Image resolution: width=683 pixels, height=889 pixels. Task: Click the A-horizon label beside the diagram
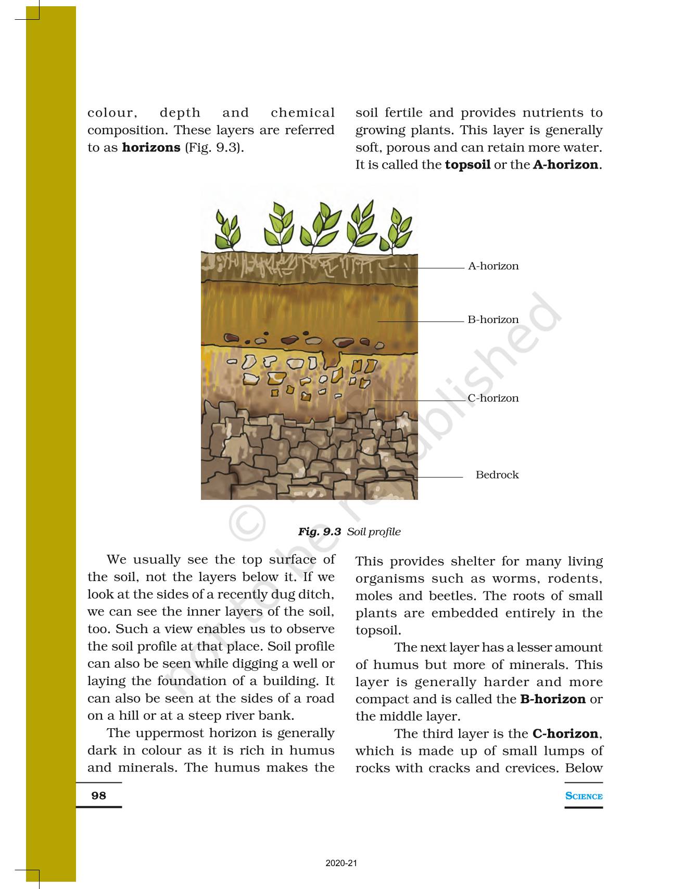pyautogui.click(x=493, y=266)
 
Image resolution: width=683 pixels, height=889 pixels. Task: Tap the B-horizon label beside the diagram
pyautogui.click(x=493, y=320)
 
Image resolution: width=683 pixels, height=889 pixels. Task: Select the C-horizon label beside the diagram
pyautogui.click(x=493, y=398)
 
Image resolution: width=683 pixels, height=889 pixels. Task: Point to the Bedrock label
pyautogui.click(x=497, y=475)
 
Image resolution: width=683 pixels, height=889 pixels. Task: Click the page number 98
pyautogui.click(x=98, y=795)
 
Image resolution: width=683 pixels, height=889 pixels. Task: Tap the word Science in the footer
pyautogui.click(x=584, y=796)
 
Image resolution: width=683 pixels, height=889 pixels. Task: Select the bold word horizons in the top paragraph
pyautogui.click(x=151, y=148)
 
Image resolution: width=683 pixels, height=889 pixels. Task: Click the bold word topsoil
pyautogui.click(x=467, y=165)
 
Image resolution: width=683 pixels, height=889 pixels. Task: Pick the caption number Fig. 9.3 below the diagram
pyautogui.click(x=319, y=532)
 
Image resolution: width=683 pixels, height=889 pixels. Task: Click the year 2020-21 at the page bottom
pyautogui.click(x=342, y=864)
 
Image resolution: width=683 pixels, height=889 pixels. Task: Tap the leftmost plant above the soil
pyautogui.click(x=228, y=231)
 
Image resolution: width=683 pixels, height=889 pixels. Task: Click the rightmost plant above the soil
pyautogui.click(x=397, y=231)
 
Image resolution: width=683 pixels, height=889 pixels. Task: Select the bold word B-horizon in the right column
pyautogui.click(x=553, y=699)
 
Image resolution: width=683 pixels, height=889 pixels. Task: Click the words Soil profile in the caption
pyautogui.click(x=374, y=532)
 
